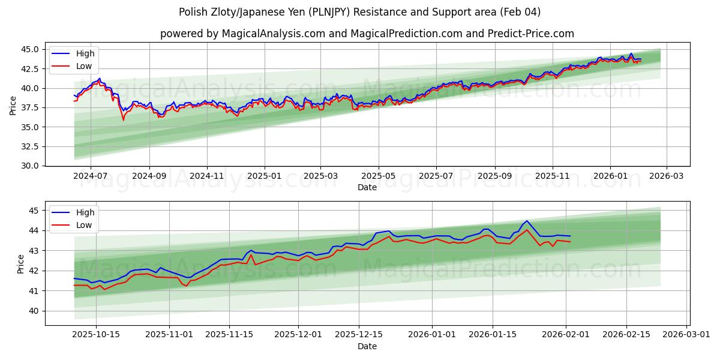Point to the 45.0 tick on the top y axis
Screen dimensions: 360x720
29,49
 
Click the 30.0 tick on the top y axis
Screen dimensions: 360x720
29,166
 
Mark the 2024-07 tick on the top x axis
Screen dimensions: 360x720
91,176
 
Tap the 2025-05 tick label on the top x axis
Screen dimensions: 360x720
379,176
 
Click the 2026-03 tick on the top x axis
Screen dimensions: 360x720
667,176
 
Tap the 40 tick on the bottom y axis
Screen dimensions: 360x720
34,311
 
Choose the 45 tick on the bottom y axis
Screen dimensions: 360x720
34,211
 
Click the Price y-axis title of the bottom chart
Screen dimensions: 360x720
21,263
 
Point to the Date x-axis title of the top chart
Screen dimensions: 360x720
367,187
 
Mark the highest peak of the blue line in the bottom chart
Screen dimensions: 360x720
527,221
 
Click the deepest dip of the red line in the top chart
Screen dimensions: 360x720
124,120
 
